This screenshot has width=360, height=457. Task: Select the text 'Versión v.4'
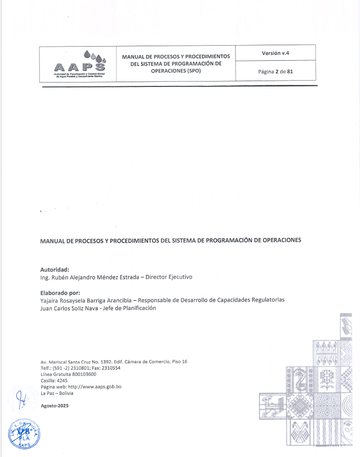275,52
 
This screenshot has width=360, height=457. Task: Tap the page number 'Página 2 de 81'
275,71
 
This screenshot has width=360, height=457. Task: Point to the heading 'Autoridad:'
55,270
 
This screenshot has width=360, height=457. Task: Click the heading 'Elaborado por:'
60,293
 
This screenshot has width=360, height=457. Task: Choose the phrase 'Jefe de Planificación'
131,308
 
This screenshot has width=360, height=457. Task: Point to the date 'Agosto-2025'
54,406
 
